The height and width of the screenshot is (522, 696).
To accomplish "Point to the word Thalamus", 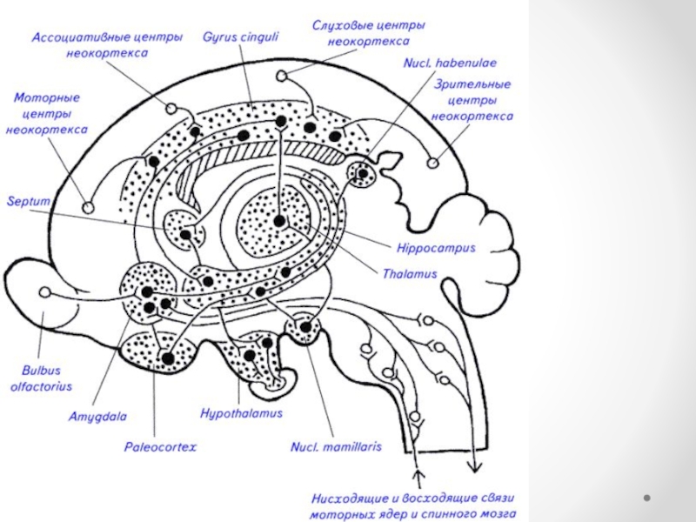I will pos(409,273).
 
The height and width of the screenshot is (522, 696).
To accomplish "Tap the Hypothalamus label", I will pos(242,413).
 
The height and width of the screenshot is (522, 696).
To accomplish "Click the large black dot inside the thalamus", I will pos(279,222).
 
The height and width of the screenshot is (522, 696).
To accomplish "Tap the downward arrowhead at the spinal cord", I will pos(473,465).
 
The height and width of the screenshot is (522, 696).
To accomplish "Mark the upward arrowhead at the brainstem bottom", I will pos(415,474).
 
